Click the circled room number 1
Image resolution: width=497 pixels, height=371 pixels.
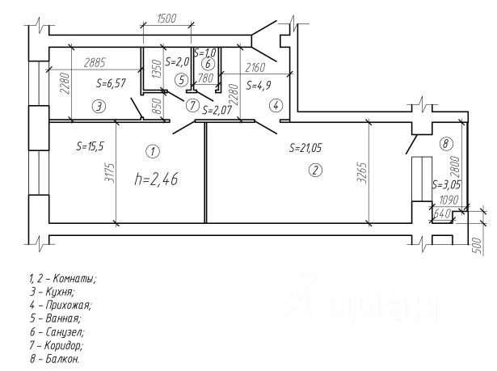(151, 150)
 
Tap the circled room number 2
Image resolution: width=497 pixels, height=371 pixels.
(315, 170)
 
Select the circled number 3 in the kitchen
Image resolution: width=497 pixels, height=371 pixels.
(96, 106)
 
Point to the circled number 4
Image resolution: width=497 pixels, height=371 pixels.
(275, 105)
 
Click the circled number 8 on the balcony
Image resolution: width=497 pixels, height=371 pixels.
(446, 143)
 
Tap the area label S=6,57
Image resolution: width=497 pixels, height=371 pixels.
(112, 83)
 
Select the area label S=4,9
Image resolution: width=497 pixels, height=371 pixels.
(260, 84)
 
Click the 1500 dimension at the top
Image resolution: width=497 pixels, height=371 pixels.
(166, 19)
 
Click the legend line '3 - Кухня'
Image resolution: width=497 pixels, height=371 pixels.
(53, 292)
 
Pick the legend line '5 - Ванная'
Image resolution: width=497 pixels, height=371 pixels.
(56, 318)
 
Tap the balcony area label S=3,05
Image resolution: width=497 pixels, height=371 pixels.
(447, 184)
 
